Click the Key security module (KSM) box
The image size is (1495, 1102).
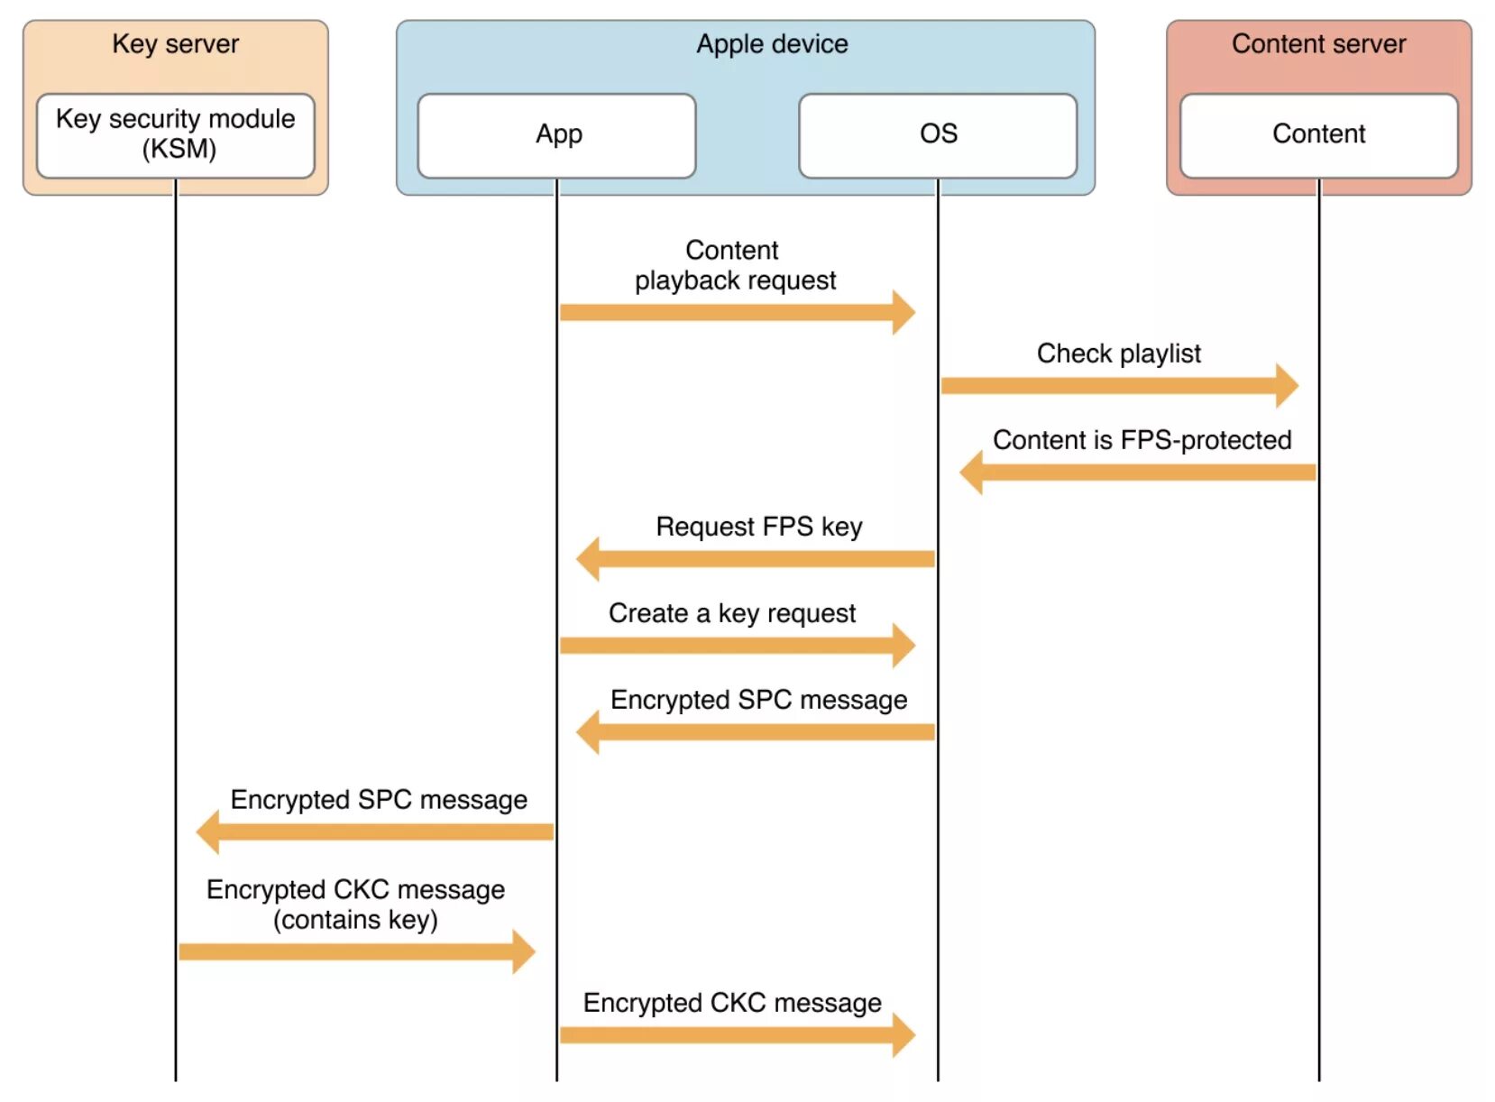click(176, 135)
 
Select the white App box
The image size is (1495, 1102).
click(557, 135)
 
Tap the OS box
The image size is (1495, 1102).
click(939, 135)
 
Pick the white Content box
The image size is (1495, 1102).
click(1319, 135)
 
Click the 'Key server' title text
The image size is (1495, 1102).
click(176, 44)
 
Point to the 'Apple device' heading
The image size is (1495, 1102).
click(773, 44)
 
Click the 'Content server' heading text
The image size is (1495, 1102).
click(1319, 44)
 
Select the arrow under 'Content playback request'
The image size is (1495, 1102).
click(738, 312)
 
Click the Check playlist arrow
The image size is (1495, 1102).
click(1120, 386)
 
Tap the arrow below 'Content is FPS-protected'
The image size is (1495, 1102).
click(1138, 473)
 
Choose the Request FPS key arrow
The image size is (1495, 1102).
click(756, 559)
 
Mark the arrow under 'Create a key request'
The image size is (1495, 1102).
click(738, 646)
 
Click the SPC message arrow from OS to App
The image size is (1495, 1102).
click(756, 733)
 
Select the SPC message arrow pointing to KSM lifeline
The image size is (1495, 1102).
click(375, 832)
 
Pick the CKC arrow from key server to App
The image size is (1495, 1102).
click(357, 952)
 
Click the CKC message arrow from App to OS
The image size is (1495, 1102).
click(738, 1036)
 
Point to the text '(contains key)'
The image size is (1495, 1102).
click(356, 921)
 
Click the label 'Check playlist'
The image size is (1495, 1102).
click(1119, 354)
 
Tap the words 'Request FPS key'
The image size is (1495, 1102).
click(759, 528)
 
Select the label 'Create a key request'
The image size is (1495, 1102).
click(732, 614)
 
